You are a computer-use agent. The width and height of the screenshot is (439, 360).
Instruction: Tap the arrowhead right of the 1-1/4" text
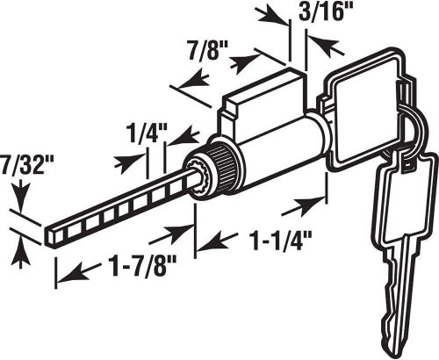(x=306, y=207)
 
